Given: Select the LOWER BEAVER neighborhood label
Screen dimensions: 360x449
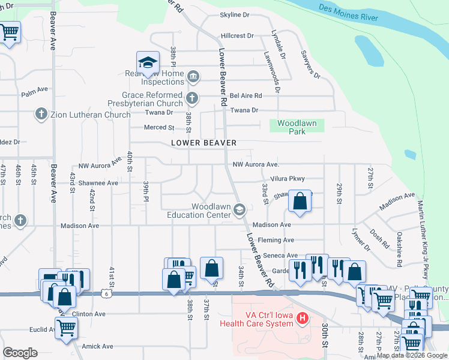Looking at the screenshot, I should [203, 143].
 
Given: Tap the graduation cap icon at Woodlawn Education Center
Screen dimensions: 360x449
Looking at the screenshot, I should [240, 209].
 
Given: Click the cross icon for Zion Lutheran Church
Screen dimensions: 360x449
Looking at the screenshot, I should [41, 114].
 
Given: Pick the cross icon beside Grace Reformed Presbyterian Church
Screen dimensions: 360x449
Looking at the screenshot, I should [191, 98].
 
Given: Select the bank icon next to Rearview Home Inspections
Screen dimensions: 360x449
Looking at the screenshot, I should [193, 76].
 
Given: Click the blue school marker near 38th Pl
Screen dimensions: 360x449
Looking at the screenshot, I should [148, 63].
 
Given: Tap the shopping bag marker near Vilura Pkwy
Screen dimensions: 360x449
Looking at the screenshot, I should [300, 202].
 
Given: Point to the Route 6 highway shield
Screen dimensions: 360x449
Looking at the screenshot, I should [106, 293].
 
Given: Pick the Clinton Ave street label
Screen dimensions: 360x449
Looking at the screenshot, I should [88, 314].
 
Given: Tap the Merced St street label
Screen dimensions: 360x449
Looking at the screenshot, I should [159, 127].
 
